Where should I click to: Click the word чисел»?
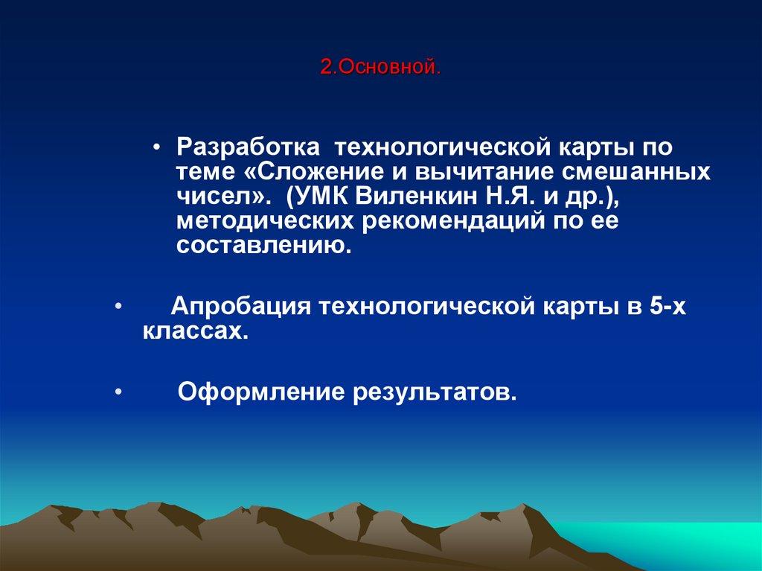(x=217, y=197)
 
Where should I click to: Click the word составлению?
(x=263, y=246)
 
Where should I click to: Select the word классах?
(x=193, y=331)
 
